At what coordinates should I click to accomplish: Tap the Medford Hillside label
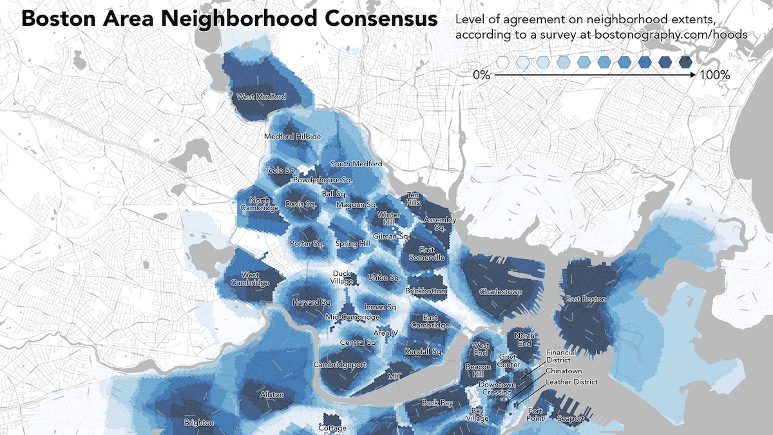pos(292,137)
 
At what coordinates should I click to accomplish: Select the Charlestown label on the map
pos(501,292)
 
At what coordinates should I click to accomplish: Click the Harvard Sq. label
pos(311,302)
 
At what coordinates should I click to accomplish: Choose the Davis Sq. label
pos(301,205)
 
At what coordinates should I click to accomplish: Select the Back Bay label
pos(438,403)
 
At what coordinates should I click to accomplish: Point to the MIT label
pos(395,375)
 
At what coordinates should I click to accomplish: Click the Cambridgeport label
pos(339,365)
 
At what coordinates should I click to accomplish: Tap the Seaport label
pos(571,419)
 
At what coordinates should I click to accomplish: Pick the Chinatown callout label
pos(564,371)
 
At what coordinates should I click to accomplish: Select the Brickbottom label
pos(426,291)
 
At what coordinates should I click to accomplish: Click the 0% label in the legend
pos(482,75)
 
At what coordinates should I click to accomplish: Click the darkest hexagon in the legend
pos(685,62)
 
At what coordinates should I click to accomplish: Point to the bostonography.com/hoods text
pos(673,35)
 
